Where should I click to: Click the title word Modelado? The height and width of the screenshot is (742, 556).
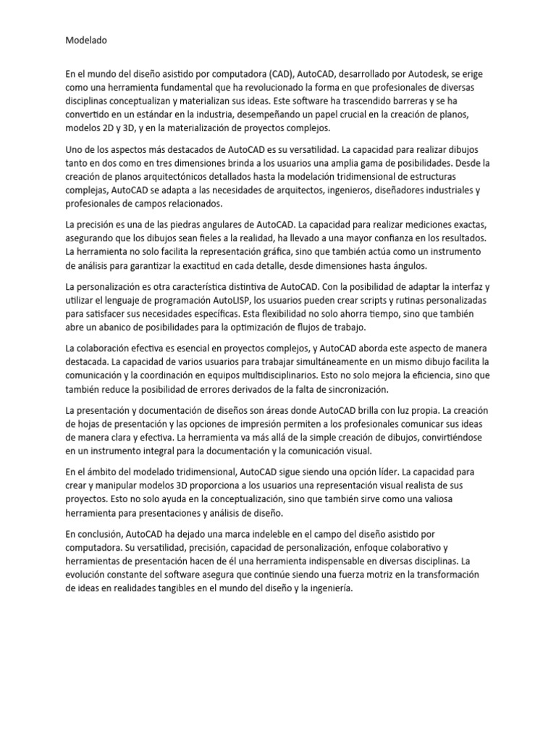(x=86, y=41)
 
